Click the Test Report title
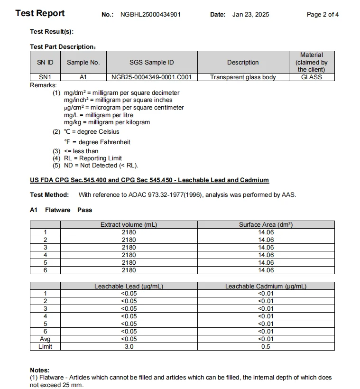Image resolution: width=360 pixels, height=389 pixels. click(x=40, y=13)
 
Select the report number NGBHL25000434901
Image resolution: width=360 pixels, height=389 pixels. click(x=150, y=15)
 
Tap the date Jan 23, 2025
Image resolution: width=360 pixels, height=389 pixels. click(x=250, y=15)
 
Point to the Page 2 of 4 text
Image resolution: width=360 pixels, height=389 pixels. click(x=323, y=15)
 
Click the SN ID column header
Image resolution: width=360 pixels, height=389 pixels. click(x=45, y=62)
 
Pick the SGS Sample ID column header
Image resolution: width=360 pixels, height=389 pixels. click(x=151, y=62)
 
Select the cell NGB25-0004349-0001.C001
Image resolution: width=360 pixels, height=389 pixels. click(x=151, y=77)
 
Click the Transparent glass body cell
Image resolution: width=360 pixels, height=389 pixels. click(x=243, y=77)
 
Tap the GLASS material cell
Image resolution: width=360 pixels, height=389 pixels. click(x=311, y=77)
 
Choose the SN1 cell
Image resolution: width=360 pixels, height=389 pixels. click(x=45, y=77)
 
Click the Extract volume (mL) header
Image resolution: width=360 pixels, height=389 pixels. click(x=129, y=225)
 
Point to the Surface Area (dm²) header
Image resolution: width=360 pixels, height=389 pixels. click(x=266, y=225)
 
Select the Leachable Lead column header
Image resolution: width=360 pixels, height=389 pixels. click(x=129, y=286)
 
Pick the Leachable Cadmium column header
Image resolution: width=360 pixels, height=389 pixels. click(x=266, y=286)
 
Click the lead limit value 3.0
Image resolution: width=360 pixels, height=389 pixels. click(x=129, y=347)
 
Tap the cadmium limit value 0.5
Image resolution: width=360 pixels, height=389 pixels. click(x=266, y=347)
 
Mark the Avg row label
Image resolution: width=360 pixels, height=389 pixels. click(x=45, y=339)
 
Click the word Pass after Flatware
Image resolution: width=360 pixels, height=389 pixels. click(x=85, y=210)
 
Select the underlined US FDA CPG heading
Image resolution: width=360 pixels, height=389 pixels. click(x=149, y=180)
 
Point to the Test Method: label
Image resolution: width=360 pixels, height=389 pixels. click(x=49, y=194)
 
